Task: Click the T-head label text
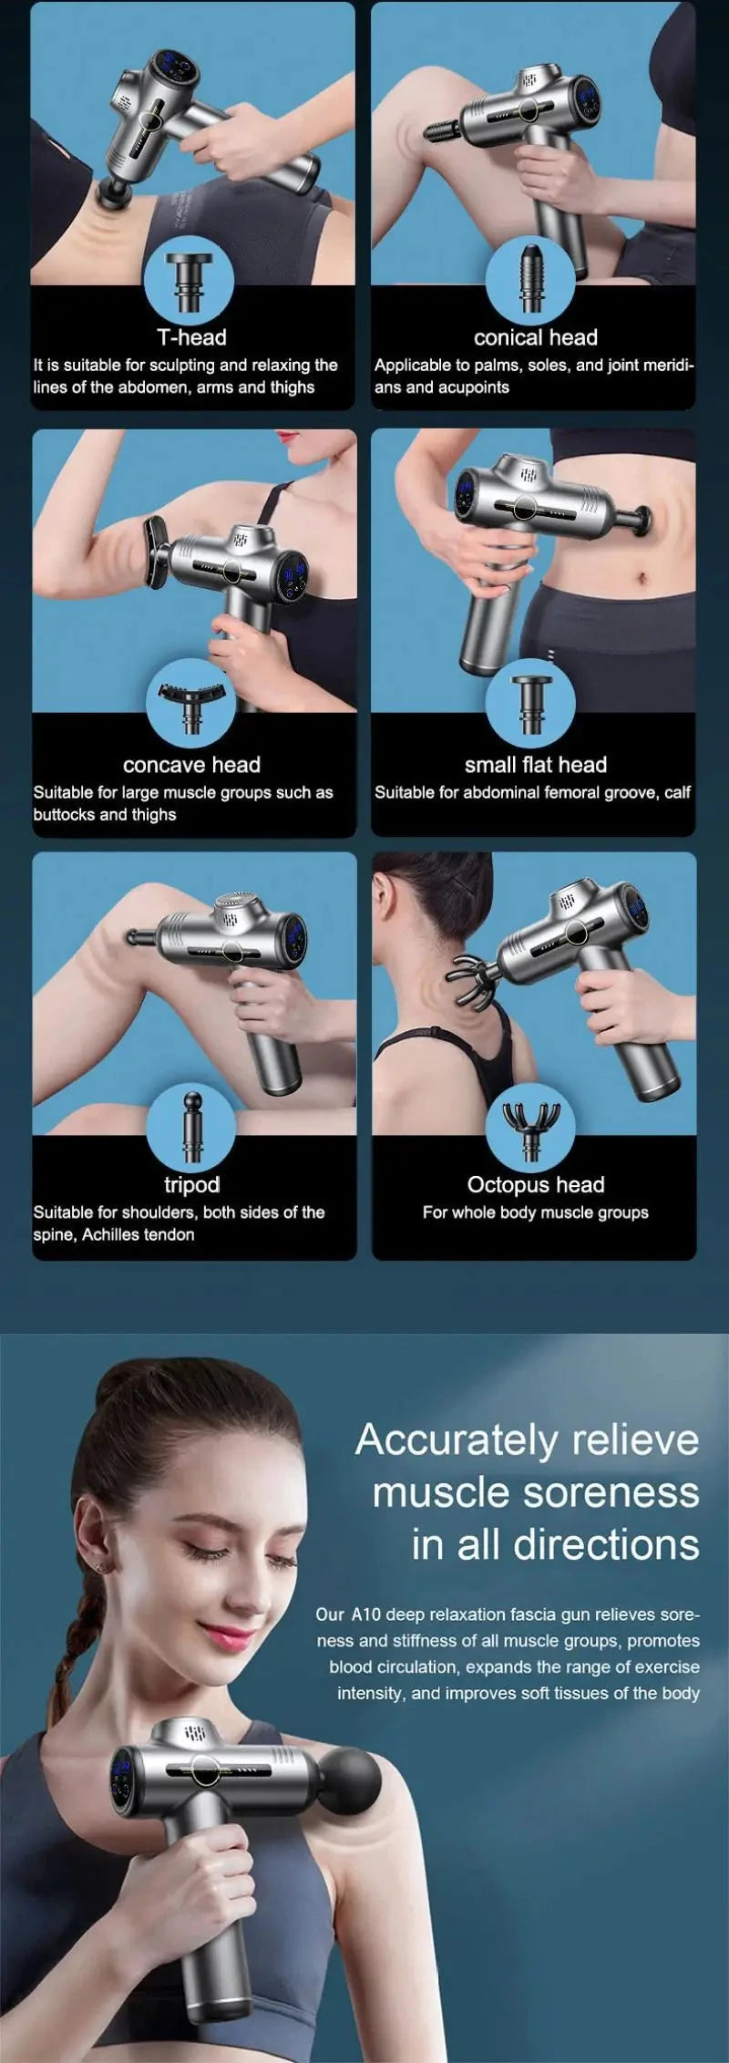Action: (x=191, y=337)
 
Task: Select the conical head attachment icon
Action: (x=530, y=277)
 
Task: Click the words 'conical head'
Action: (x=535, y=337)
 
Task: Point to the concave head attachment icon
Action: (x=190, y=706)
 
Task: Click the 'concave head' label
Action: (x=191, y=765)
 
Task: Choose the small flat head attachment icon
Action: (x=530, y=705)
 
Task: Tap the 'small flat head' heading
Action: (x=535, y=765)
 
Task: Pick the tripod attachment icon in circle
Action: (x=190, y=1127)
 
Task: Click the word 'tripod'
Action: (x=191, y=1184)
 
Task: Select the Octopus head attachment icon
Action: (x=530, y=1129)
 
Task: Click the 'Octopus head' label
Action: (x=535, y=1184)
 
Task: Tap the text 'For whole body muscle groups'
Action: (x=535, y=1212)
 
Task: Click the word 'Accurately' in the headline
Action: (x=456, y=1440)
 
